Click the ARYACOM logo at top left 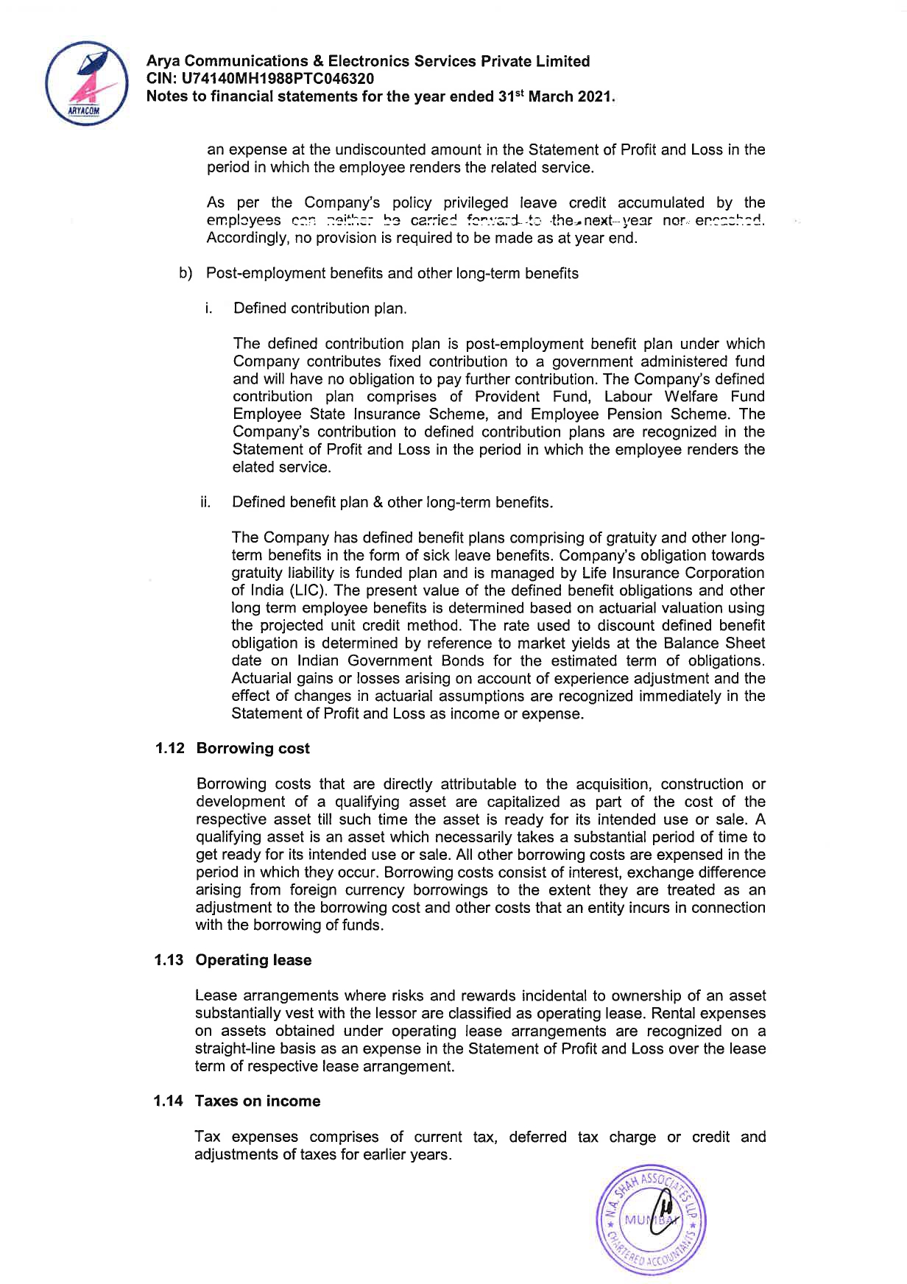pos(82,82)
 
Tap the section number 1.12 pos(169,749)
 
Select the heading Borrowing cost pos(253,749)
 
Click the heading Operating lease pos(253,961)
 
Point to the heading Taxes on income pos(258,1101)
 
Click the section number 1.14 pos(169,1101)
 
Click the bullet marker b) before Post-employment pos(186,274)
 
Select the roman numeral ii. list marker pos(205,503)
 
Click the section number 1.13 pos(169,961)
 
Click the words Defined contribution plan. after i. pos(320,308)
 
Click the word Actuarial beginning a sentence pos(263,679)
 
